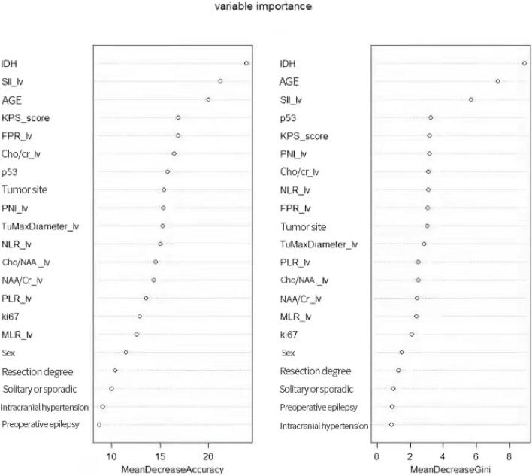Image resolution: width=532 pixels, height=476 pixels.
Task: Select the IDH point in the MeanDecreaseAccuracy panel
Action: click(246, 63)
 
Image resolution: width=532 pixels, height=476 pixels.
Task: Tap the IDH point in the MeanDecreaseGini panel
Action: click(524, 63)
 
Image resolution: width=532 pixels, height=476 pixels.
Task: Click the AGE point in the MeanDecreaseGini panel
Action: click(497, 81)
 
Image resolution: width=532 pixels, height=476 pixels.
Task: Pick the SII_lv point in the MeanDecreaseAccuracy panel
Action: click(220, 81)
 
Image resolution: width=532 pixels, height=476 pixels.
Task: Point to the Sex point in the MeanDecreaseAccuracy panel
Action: click(125, 353)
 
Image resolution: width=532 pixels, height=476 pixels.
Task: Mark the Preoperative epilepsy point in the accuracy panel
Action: click(99, 425)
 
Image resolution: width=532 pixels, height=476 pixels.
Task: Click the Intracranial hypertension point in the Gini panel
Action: click(391, 425)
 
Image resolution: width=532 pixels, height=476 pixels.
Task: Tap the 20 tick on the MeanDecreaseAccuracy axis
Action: click(209, 455)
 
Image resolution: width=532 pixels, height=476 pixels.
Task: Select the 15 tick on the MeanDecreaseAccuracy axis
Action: click(160, 455)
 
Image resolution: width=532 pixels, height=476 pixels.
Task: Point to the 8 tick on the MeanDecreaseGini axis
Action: click(509, 455)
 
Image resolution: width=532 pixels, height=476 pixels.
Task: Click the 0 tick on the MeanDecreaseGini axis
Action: click(376, 455)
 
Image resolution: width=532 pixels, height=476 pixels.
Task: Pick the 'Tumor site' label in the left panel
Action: click(26, 190)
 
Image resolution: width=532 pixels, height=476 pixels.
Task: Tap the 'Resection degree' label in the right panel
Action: click(315, 371)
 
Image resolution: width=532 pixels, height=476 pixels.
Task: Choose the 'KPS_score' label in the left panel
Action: click(26, 118)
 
